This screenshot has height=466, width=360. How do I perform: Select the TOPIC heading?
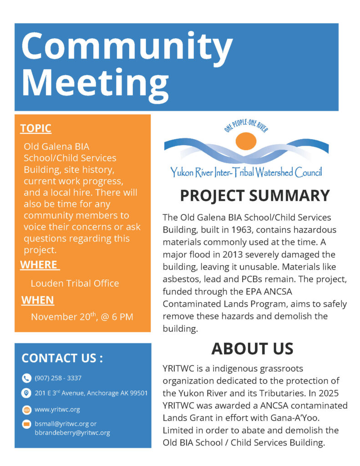pyautogui.click(x=35, y=128)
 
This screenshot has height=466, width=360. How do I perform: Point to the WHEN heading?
pyautogui.click(x=38, y=300)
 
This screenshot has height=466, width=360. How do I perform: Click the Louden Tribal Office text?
pyautogui.click(x=75, y=283)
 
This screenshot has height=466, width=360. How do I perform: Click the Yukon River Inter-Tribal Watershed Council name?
pyautogui.click(x=246, y=172)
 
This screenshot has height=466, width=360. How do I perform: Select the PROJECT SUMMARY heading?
pyautogui.click(x=254, y=195)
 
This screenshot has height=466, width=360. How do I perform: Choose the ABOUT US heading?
pyautogui.click(x=252, y=348)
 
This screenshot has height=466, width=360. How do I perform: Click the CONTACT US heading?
pyautogui.click(x=62, y=358)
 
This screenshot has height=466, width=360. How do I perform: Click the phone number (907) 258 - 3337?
pyautogui.click(x=58, y=378)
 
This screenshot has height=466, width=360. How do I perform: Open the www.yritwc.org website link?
pyautogui.click(x=57, y=409)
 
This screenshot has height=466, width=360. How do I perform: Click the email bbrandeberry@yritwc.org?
pyautogui.click(x=72, y=433)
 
